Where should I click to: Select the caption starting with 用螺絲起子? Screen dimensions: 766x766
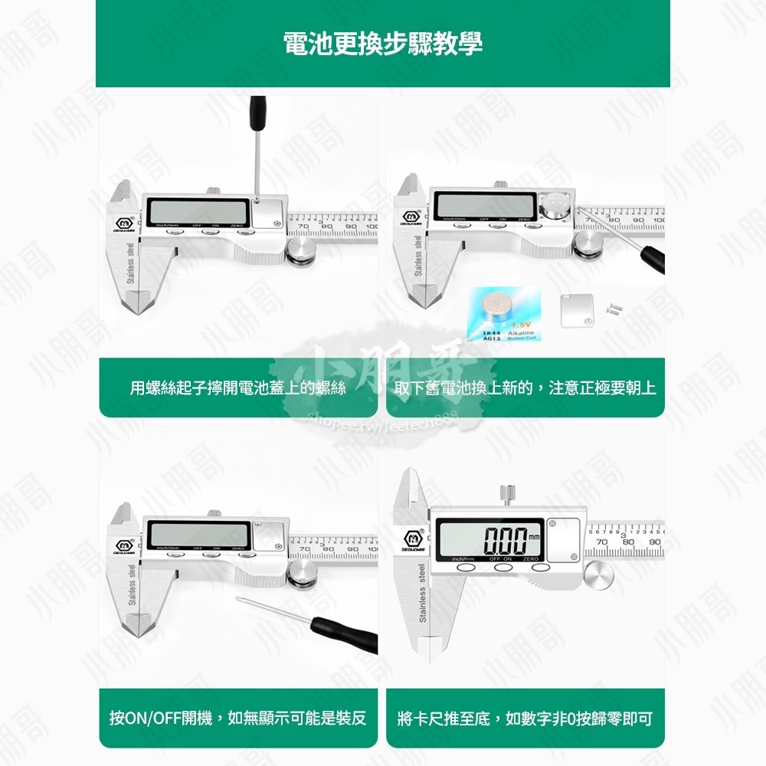point(238,388)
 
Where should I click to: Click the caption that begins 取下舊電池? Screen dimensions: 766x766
point(525,388)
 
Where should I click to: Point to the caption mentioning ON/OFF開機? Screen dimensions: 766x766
point(238,719)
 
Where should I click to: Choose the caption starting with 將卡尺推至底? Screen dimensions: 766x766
point(525,719)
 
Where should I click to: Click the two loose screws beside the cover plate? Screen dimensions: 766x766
point(614,308)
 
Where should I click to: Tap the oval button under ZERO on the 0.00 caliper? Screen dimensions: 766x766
point(541,568)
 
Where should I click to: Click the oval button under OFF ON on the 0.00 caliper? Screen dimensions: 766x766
point(502,568)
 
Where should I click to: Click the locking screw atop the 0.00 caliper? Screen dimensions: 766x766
point(506,496)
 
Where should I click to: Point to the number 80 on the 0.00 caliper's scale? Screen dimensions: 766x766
point(628,542)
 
